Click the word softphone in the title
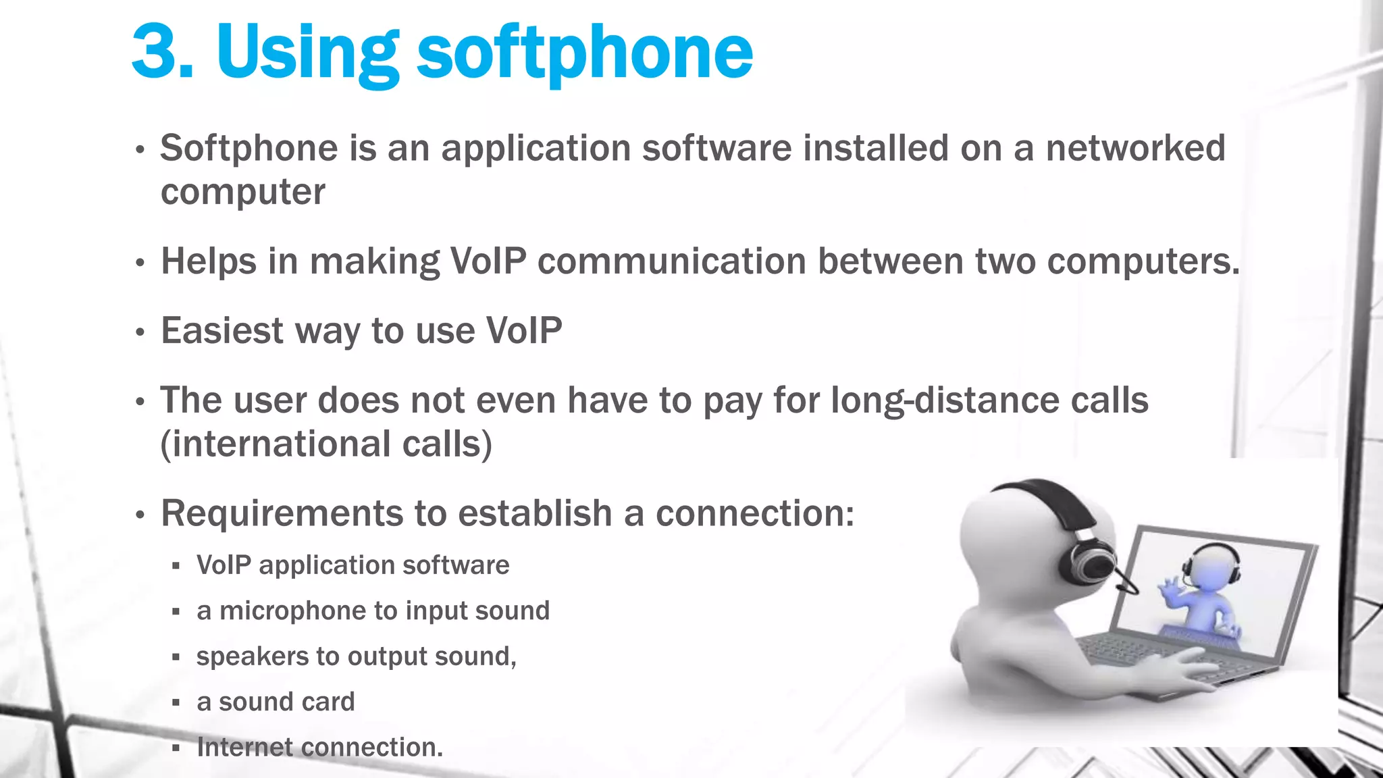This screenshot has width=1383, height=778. click(x=584, y=53)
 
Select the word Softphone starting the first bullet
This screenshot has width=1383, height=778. click(x=249, y=148)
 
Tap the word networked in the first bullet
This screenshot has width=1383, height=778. click(x=1135, y=148)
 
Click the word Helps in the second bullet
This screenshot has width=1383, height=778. click(x=208, y=261)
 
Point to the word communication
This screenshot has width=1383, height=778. click(x=671, y=261)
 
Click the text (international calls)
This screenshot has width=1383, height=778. click(x=326, y=444)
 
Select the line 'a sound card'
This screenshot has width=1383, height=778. click(x=275, y=702)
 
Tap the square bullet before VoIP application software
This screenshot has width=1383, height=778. click(x=176, y=566)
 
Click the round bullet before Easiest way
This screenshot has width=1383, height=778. click(x=140, y=332)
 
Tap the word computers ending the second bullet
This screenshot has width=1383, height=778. click(x=1142, y=261)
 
